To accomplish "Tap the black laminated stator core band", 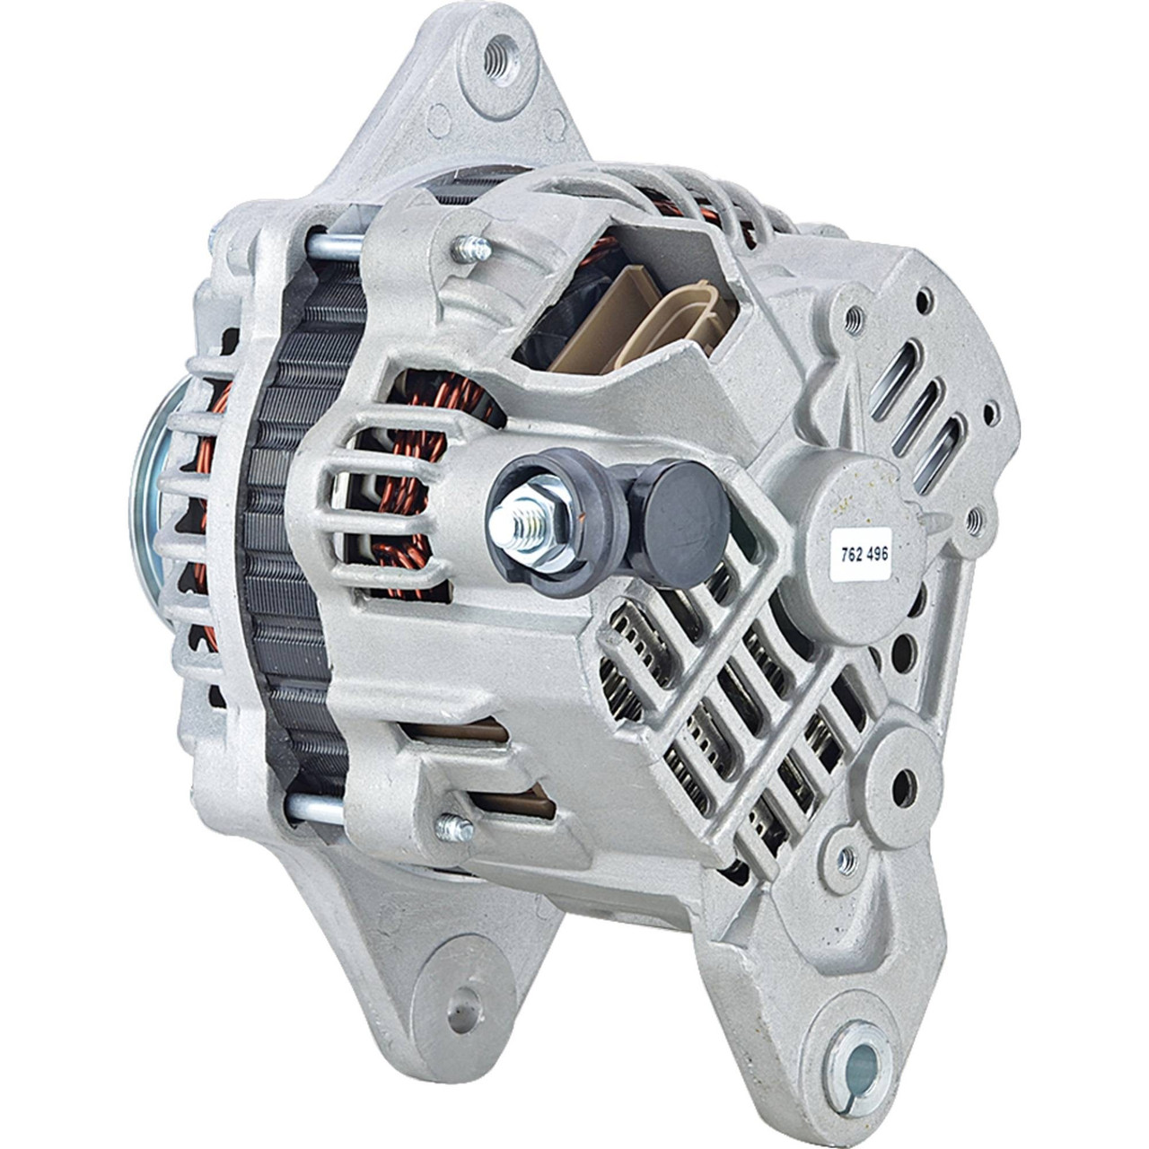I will point(287,539).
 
